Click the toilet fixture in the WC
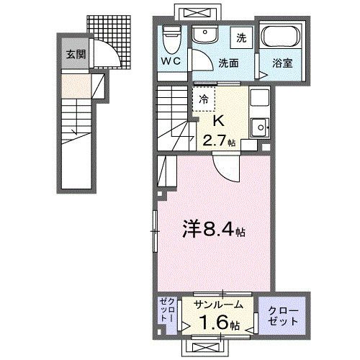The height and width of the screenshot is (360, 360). coord(171,34)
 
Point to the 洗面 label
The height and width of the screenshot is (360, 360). coord(230,63)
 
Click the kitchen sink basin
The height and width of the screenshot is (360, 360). coord(257,127)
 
